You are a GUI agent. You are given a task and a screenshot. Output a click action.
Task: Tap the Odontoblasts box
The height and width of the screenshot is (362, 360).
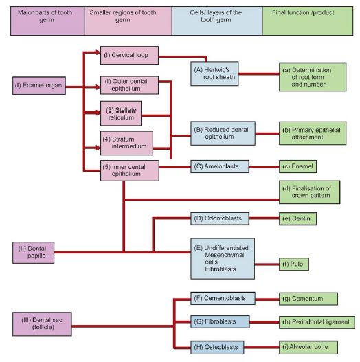[x=219, y=218]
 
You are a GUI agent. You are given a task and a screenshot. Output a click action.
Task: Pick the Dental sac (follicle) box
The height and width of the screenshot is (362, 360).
[x=42, y=324]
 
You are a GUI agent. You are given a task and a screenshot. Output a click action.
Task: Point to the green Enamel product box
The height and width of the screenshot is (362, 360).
[x=298, y=166]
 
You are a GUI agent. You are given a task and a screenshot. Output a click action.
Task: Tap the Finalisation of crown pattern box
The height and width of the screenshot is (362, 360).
[x=308, y=192]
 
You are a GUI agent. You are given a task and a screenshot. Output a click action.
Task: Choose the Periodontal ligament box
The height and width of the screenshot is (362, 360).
[x=317, y=321]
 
